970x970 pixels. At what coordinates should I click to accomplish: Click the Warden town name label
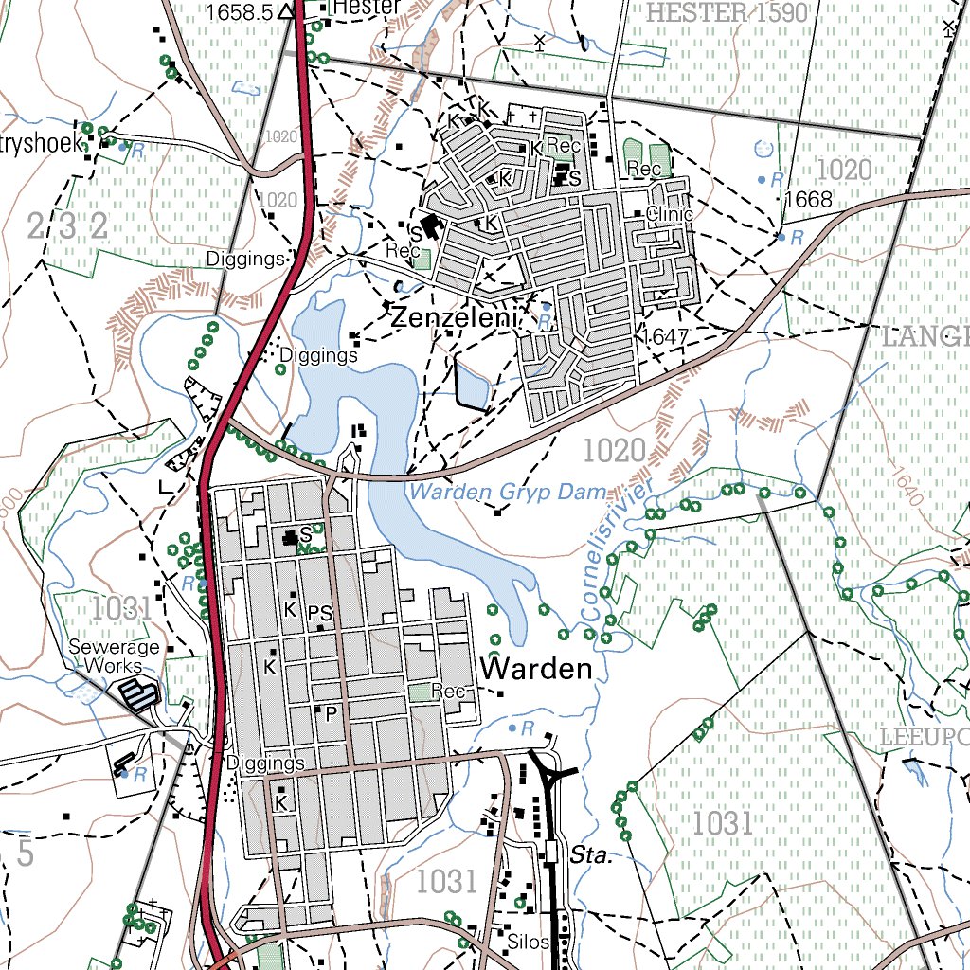click(x=536, y=669)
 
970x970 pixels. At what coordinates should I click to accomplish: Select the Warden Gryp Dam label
click(x=507, y=492)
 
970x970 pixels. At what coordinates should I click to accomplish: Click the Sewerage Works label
click(x=114, y=656)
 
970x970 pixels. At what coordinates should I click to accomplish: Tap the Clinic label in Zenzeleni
click(x=670, y=214)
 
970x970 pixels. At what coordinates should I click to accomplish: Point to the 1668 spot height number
click(x=808, y=199)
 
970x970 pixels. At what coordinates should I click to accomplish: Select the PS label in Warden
click(x=319, y=613)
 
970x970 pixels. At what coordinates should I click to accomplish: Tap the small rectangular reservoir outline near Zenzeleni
click(x=472, y=383)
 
